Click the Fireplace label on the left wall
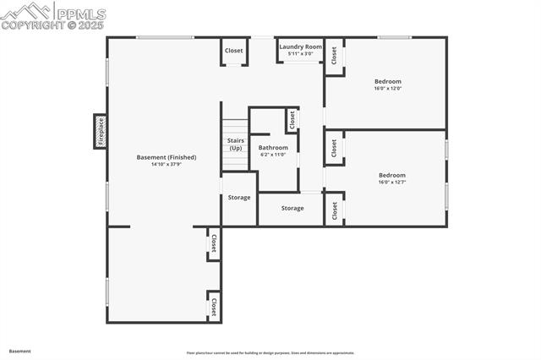101,132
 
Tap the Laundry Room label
301,46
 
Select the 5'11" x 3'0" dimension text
301,54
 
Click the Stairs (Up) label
235,145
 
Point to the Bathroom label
273,148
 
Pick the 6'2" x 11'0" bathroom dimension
273,155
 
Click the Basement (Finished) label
167,157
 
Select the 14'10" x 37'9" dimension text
167,165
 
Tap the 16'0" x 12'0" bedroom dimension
388,88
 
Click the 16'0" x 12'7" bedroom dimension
392,182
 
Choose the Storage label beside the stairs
239,198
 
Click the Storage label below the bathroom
292,208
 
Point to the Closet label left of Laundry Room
234,51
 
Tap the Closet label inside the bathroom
292,120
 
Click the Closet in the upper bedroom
335,56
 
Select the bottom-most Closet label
214,306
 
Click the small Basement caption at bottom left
20,351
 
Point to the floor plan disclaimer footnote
270,353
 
